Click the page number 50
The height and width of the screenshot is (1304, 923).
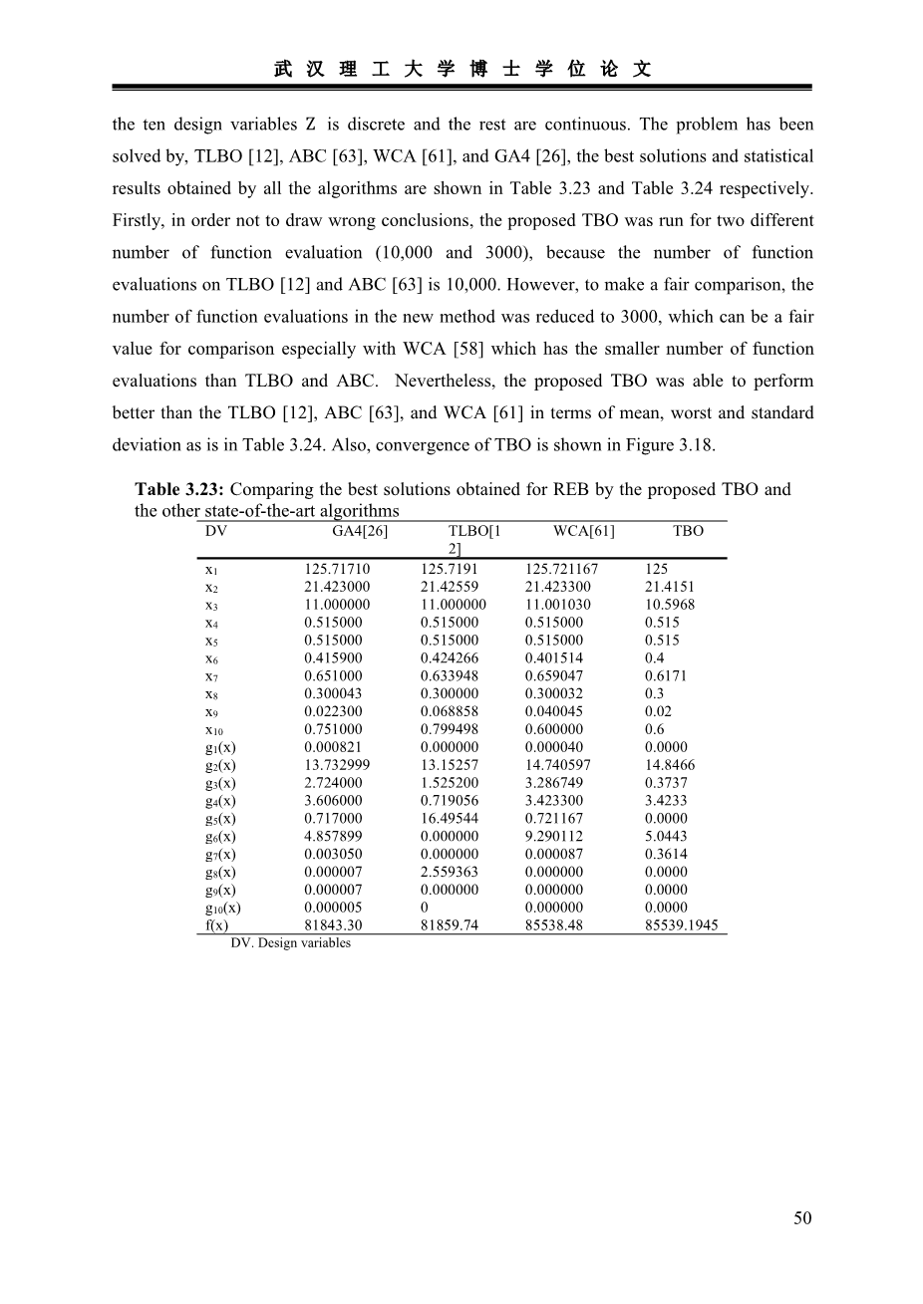tap(802, 1217)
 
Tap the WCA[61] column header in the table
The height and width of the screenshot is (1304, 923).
tap(584, 531)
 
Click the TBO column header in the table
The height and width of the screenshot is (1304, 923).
tap(688, 531)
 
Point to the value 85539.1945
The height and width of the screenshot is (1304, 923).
tap(682, 925)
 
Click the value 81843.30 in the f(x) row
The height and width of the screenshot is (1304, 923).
tap(333, 925)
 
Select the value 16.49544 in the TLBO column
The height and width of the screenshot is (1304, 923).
tap(450, 818)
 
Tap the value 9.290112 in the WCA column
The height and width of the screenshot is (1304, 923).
tap(554, 836)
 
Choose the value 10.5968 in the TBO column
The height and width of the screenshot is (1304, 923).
tap(670, 605)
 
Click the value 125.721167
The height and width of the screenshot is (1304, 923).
tap(561, 569)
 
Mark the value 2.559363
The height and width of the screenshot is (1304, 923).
tap(450, 872)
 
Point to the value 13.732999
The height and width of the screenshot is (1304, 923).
tap(337, 765)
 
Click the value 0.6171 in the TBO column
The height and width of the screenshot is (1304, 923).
tap(666, 675)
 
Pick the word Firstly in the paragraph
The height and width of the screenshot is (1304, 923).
tap(139, 220)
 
